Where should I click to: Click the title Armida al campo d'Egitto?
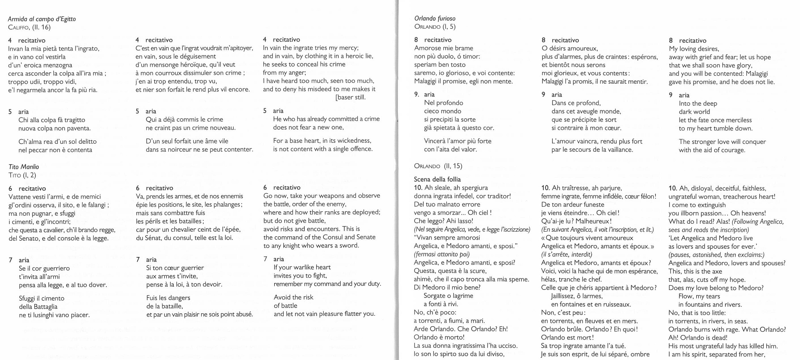(42, 19)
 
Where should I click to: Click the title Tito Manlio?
(24, 167)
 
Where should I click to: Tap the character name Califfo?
(18, 27)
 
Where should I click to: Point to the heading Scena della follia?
(437, 179)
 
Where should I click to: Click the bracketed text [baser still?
(350, 97)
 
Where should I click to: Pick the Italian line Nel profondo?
(443, 103)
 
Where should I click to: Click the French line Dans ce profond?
(576, 103)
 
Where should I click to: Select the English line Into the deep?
(698, 103)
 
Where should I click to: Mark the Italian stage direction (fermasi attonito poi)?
(442, 254)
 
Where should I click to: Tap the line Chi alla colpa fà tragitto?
(52, 120)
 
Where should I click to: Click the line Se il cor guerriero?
(44, 268)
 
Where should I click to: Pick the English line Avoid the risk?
(293, 297)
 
